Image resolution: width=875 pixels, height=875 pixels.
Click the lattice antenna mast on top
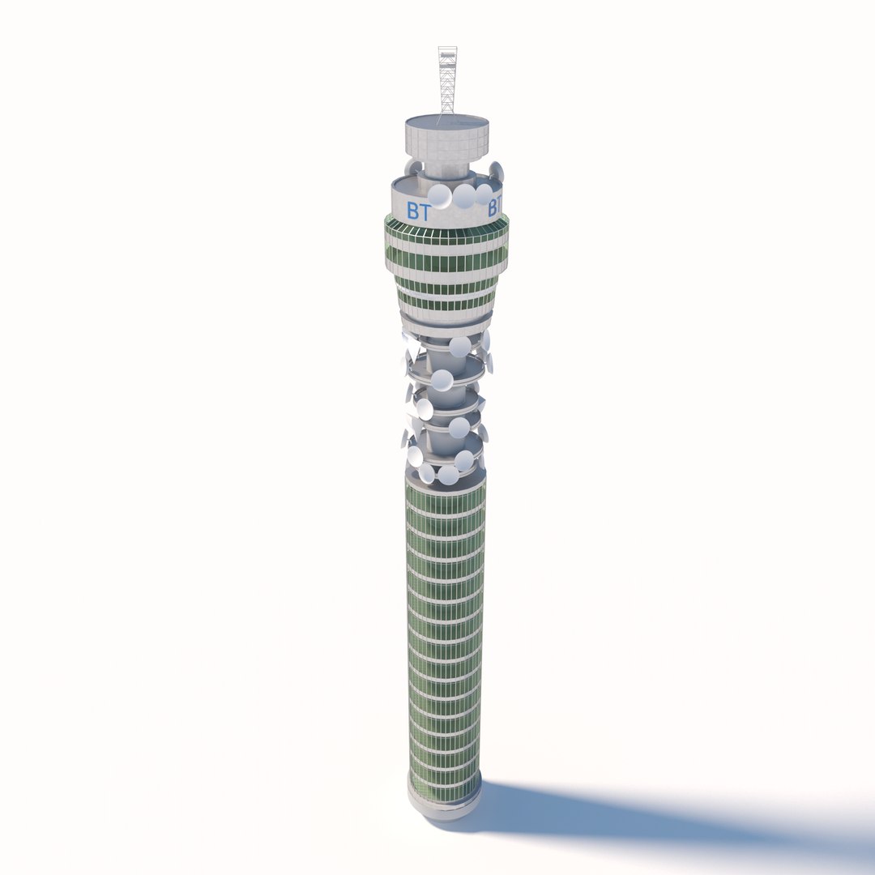(447, 81)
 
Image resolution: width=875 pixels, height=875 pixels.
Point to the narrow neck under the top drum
(446, 173)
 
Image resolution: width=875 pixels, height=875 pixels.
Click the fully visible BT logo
(419, 212)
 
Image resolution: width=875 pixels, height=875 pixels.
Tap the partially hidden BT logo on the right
(494, 208)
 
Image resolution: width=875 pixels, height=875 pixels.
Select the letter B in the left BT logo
(413, 212)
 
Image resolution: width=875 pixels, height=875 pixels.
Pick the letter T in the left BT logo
(425, 212)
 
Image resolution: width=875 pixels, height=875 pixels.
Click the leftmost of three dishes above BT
(439, 196)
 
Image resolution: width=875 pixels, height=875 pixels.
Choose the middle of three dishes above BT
(464, 196)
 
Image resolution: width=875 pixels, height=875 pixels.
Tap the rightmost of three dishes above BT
(484, 194)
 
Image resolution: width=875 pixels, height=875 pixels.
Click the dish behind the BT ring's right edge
(497, 172)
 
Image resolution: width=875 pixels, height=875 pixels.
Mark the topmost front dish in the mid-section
(460, 347)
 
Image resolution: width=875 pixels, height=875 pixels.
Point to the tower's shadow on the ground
(648, 818)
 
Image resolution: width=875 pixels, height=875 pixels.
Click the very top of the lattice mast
(447, 49)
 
